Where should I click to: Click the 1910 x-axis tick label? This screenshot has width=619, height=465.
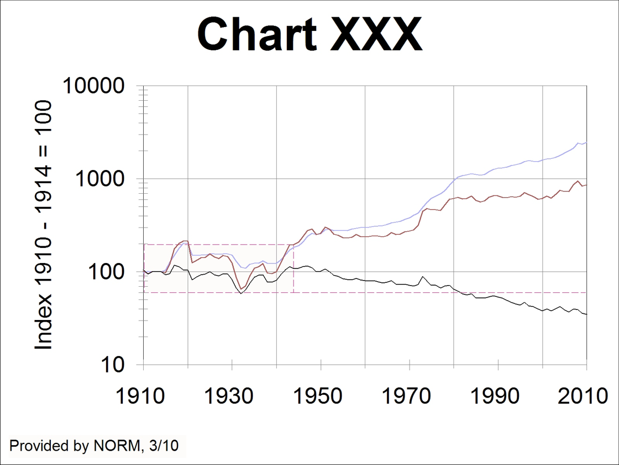(x=144, y=396)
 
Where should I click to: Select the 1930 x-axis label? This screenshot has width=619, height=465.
(x=232, y=396)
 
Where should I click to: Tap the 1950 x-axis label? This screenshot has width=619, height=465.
(x=321, y=396)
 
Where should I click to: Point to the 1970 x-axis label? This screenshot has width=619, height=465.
(x=410, y=396)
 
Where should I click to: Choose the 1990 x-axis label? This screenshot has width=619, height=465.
(x=498, y=396)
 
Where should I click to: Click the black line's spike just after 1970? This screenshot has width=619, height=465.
(x=423, y=276)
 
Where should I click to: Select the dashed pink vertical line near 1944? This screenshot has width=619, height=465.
(x=293, y=268)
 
